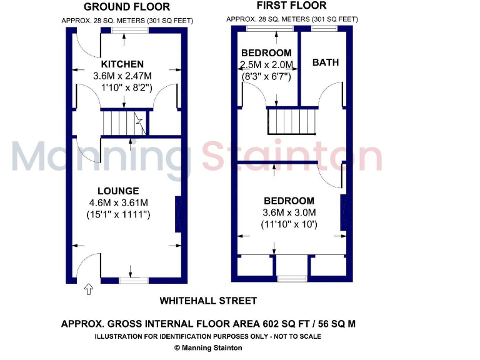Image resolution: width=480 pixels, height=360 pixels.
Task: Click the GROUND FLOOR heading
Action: [126, 7]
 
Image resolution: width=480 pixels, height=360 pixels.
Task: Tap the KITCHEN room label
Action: [122, 64]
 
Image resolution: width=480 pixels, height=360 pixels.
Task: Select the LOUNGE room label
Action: [118, 191]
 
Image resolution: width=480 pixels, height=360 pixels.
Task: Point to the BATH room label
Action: [326, 62]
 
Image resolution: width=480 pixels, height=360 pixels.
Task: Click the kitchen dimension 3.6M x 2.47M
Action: [122, 76]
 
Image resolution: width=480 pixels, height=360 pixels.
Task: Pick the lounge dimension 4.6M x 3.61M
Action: [118, 202]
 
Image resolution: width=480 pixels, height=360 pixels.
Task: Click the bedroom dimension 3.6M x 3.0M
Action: [289, 212]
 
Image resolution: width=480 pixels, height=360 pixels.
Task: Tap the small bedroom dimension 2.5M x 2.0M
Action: [266, 65]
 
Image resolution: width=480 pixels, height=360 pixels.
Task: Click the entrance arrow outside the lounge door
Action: [88, 289]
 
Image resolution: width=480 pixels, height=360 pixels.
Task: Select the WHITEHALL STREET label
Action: [208, 301]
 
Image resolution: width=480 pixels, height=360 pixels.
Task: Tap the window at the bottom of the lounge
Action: [131, 281]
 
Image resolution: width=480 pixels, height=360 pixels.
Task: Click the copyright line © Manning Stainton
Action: [208, 347]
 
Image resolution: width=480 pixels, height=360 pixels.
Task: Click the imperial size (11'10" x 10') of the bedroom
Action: [289, 224]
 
